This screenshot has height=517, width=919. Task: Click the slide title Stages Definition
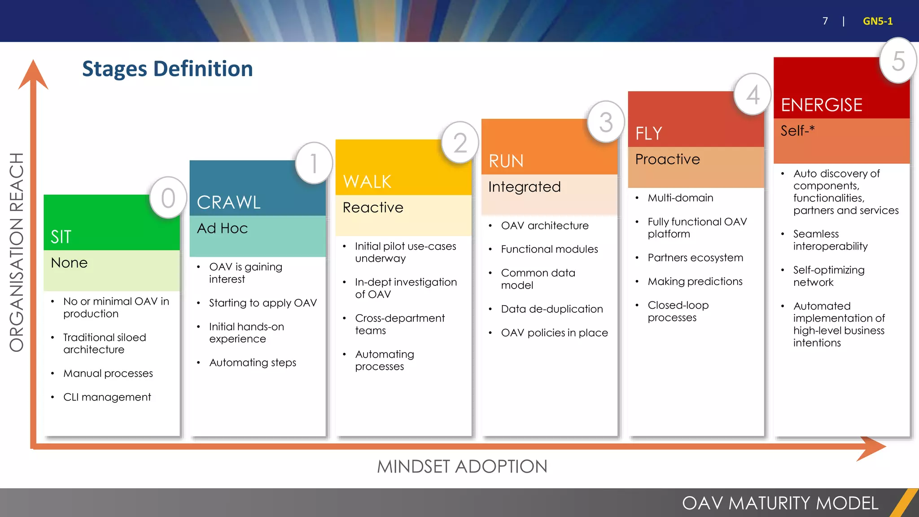167,69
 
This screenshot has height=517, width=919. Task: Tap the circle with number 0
168,198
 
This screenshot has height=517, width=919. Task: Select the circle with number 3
606,122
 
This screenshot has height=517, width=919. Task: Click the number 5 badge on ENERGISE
898,61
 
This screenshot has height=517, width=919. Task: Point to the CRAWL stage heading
228,202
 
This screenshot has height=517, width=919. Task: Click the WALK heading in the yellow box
367,182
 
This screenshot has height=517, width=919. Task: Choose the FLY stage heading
649,133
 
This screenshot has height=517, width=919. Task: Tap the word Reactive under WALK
373,207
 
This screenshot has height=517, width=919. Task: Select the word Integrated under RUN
525,187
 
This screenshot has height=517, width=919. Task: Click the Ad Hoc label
222,228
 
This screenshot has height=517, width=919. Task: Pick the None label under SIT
69,263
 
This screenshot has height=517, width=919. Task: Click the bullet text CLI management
107,397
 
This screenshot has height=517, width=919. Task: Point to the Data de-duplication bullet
551,309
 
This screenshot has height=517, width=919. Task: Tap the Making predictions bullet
695,281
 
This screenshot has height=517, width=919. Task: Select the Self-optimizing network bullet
828,276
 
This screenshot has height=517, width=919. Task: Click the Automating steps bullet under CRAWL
253,363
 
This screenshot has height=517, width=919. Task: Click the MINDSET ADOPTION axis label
462,467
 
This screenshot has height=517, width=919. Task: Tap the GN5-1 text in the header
877,21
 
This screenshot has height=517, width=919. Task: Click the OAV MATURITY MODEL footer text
780,503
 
